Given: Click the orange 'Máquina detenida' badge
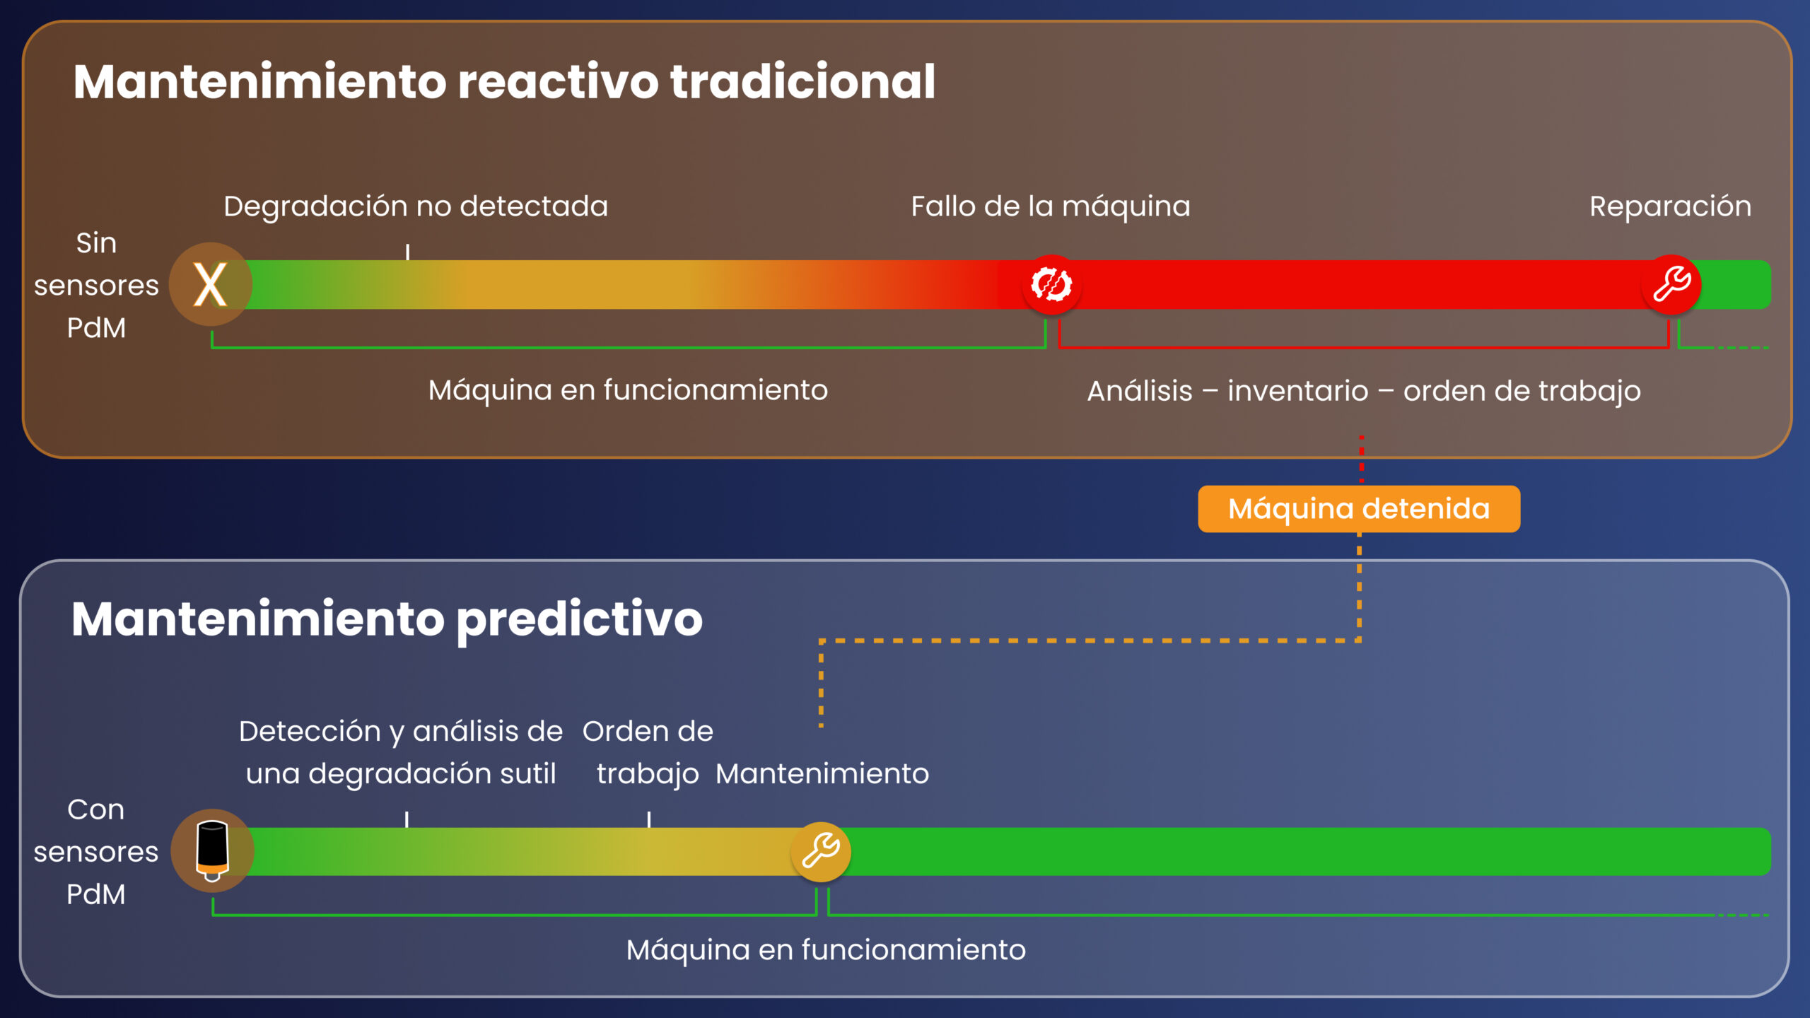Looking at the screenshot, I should click(1358, 509).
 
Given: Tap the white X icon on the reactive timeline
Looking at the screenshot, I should click(210, 285).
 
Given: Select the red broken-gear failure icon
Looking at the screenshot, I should click(1051, 285).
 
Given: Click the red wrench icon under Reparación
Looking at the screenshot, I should click(1671, 285).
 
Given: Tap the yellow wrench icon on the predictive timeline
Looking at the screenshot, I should click(821, 851).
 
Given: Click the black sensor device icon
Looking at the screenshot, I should click(212, 850).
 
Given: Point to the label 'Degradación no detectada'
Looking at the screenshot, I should click(416, 206).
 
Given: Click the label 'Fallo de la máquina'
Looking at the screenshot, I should click(1051, 206).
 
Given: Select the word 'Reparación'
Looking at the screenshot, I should click(1670, 206).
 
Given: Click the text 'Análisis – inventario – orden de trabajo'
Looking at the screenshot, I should click(1363, 391).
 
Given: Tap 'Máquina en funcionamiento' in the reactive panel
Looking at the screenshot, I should click(628, 390).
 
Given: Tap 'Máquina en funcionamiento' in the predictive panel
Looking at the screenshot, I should click(826, 949).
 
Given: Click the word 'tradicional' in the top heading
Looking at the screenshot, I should click(802, 81).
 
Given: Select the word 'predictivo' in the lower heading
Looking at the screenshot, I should click(580, 619).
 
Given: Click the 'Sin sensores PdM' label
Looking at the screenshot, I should click(96, 286).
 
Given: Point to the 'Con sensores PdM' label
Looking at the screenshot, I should click(96, 852).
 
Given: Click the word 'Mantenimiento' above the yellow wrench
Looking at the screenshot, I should click(822, 773).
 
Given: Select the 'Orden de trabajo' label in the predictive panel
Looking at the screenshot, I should click(648, 752).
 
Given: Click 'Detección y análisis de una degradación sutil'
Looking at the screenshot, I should click(401, 752).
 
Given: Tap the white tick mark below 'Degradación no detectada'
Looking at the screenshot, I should click(407, 252).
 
